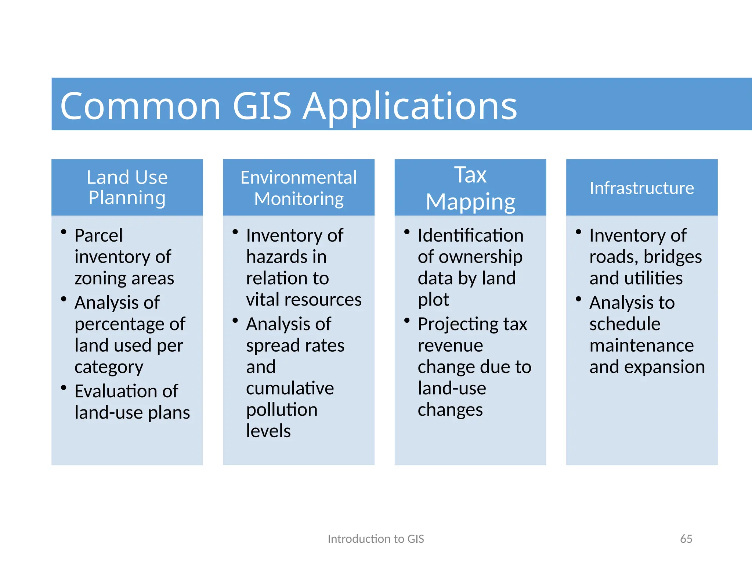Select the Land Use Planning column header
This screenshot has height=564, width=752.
click(127, 187)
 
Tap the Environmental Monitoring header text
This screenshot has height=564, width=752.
click(299, 188)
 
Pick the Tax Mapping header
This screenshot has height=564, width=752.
click(470, 188)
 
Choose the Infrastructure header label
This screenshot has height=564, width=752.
click(641, 188)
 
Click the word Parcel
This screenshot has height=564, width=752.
click(98, 235)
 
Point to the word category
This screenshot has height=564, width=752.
click(109, 367)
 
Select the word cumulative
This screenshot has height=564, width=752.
click(290, 388)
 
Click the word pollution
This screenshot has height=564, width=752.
click(282, 410)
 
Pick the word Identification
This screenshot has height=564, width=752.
click(470, 235)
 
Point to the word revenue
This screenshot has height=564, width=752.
click(450, 346)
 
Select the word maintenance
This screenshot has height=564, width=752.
click(641, 346)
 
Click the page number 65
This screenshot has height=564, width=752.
click(686, 539)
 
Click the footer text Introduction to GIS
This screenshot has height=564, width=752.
click(376, 539)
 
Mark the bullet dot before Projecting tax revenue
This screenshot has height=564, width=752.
click(407, 321)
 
